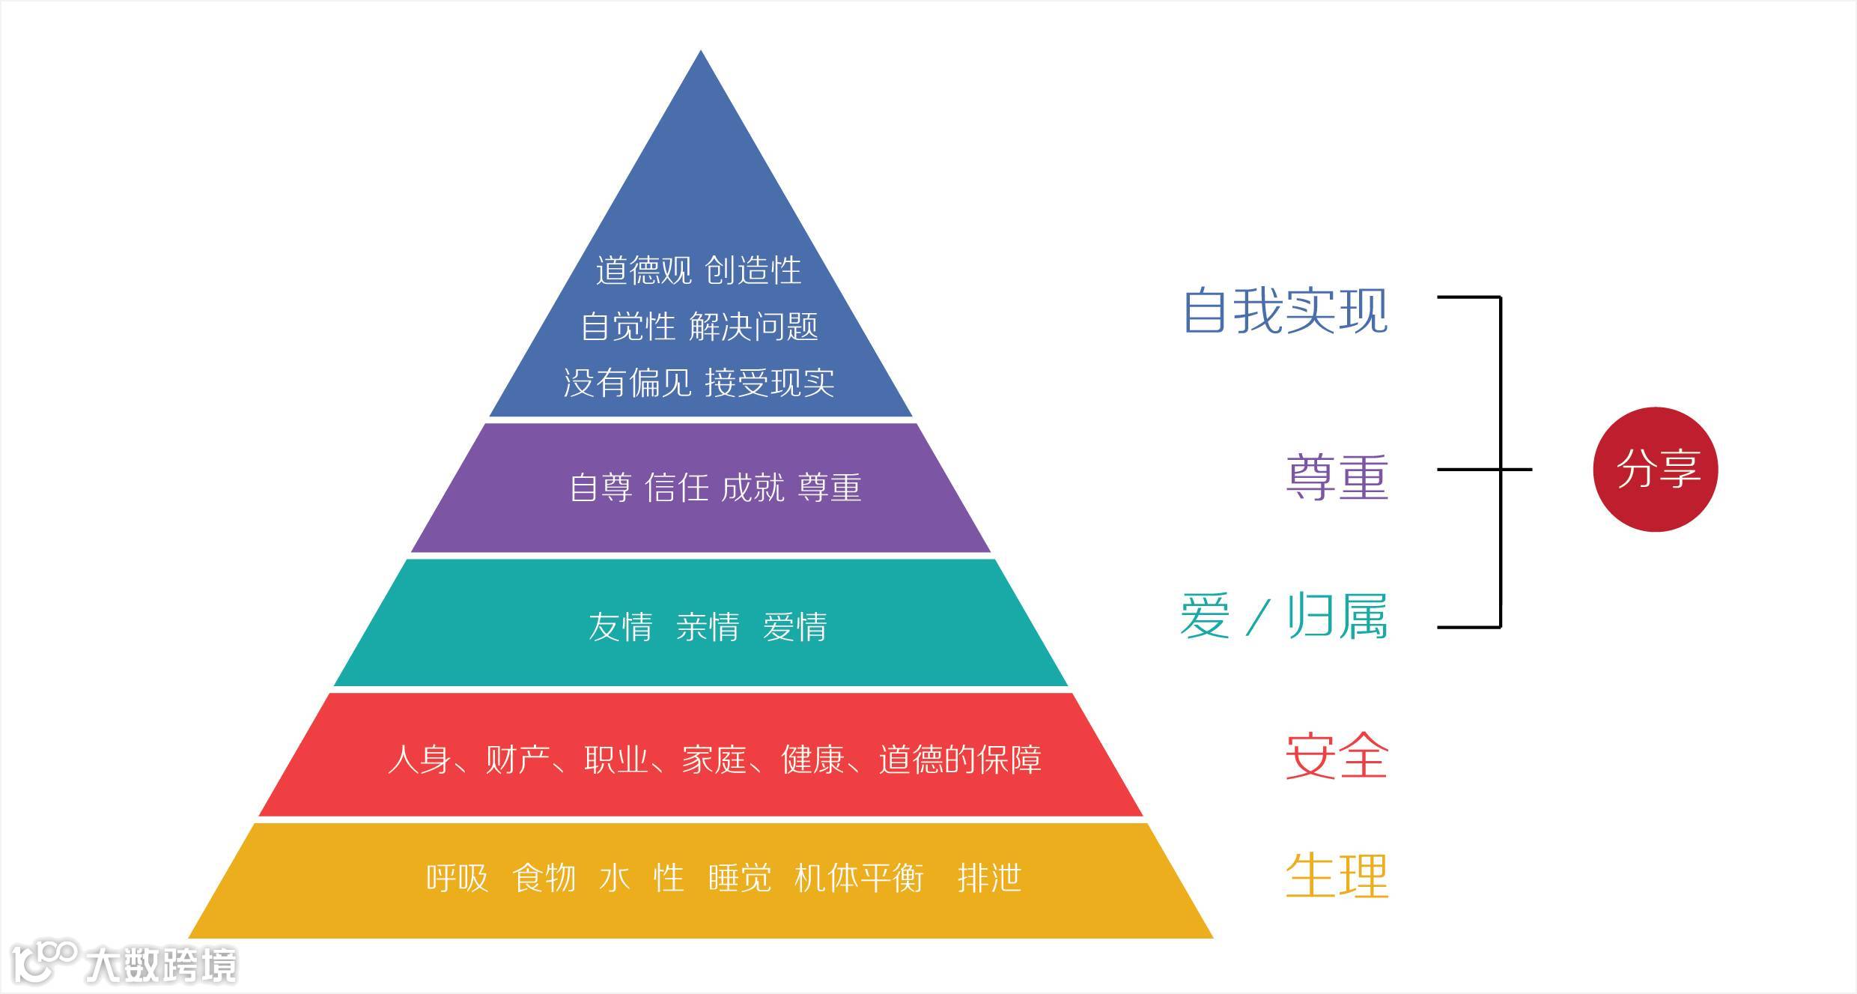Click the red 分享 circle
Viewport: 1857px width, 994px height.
pos(1655,470)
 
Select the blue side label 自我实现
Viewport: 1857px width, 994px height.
pos(1285,310)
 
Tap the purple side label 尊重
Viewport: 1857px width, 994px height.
pos(1337,477)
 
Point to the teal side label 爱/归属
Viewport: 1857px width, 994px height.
pos(1283,616)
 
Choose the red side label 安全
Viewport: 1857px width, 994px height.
pos(1337,756)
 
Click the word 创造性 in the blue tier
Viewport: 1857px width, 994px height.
pos(753,270)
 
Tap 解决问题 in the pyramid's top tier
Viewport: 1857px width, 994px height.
pos(753,327)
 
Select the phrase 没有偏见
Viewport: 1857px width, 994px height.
pos(627,383)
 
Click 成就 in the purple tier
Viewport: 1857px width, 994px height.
pos(753,488)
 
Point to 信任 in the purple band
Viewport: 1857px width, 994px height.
pos(676,488)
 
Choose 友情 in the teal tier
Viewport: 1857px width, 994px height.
pos(620,627)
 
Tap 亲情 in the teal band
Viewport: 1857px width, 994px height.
pos(707,627)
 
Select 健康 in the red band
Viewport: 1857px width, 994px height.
pos(813,760)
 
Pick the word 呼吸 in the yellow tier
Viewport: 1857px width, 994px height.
pos(457,878)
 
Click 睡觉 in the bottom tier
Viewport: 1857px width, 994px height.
pos(739,878)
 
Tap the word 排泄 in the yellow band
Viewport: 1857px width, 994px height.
pos(989,878)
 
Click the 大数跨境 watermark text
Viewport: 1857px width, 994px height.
pos(161,965)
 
